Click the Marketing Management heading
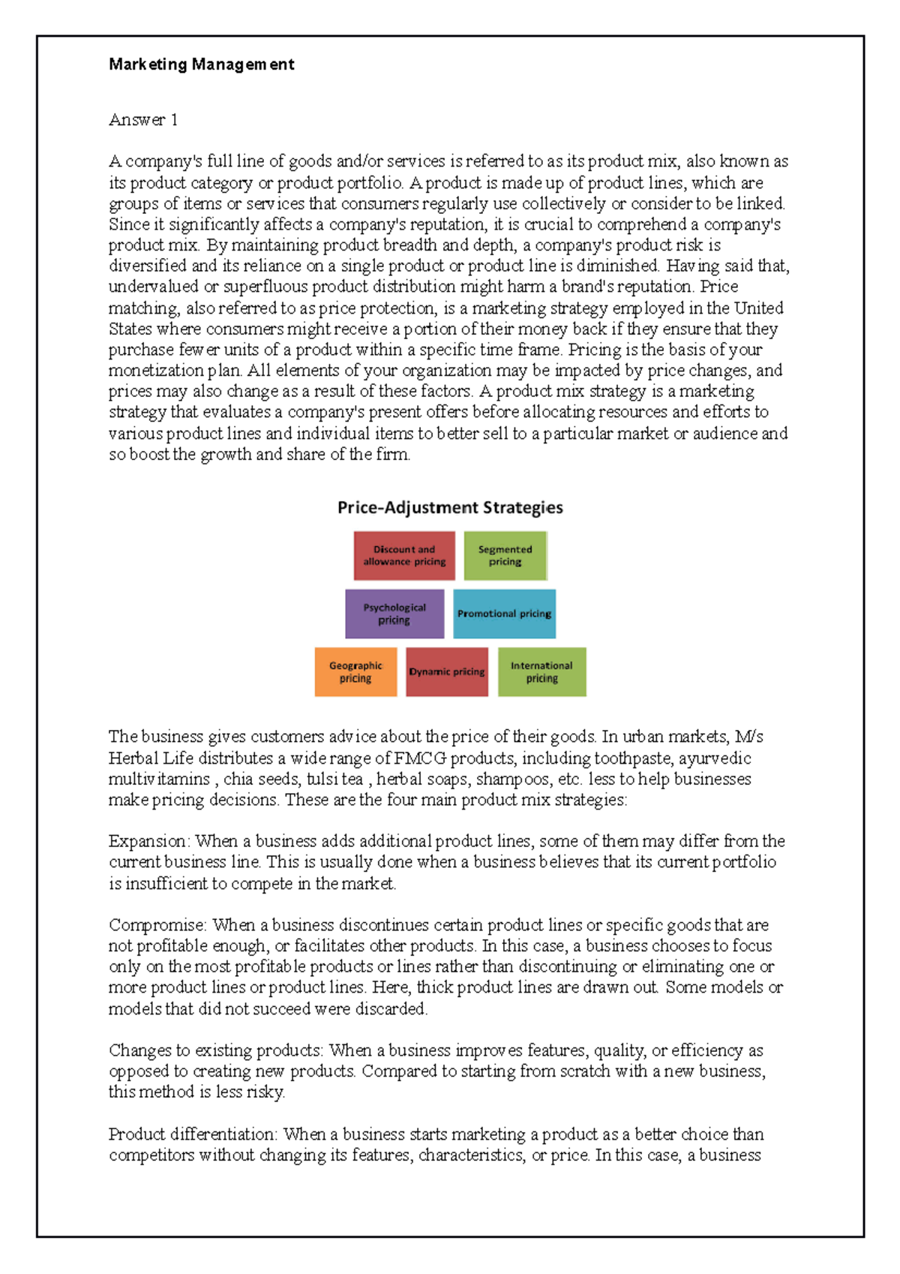point(201,65)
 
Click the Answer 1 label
point(143,119)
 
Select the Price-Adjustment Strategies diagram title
point(450,507)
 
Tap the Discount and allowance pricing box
point(404,556)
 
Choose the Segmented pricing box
point(505,556)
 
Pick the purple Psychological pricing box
point(394,614)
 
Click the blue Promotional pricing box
point(504,614)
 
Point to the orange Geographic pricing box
point(355,672)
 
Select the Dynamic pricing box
point(447,672)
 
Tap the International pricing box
point(541,672)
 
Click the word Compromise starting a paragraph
point(156,925)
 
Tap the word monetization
point(156,371)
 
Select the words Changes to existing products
point(215,1050)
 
